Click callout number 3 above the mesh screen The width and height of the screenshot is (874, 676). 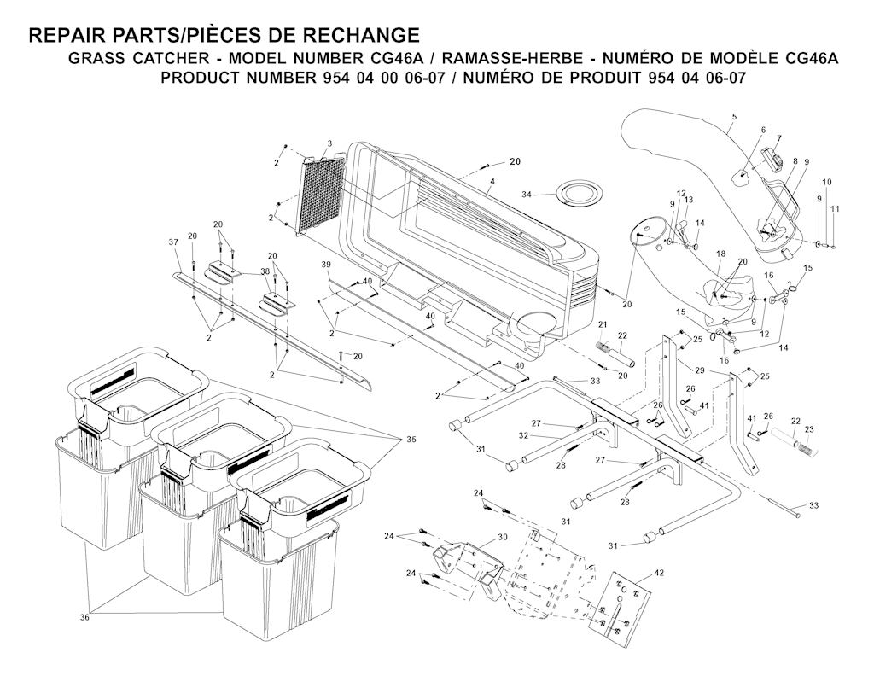(329, 143)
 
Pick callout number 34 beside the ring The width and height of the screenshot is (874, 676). (527, 195)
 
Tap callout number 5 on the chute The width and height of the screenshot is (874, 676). (733, 116)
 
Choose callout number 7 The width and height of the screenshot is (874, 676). (778, 138)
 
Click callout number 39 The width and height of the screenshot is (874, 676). (325, 265)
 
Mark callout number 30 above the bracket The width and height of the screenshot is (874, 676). (502, 537)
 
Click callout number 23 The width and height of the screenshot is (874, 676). (810, 429)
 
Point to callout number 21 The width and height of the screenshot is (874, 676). (601, 324)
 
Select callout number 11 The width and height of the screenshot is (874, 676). (835, 208)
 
